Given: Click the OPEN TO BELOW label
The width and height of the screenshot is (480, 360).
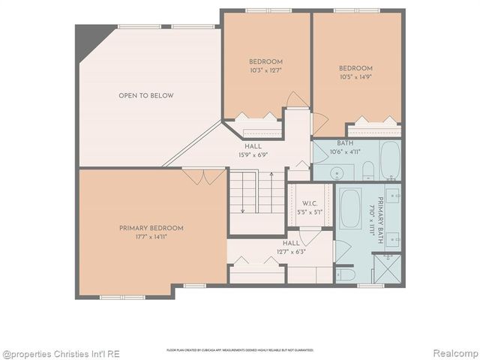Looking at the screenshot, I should [x=146, y=95].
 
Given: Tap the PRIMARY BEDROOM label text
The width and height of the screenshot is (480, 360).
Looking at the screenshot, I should [x=151, y=228].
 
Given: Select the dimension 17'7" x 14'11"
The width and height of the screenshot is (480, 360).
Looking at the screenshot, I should [x=151, y=236].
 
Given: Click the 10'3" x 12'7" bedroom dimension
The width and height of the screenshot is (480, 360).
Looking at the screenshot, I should [x=265, y=70].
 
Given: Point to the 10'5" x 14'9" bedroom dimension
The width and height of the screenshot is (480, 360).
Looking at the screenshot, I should [x=355, y=76].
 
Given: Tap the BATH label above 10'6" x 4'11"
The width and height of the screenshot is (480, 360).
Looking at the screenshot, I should [x=345, y=142].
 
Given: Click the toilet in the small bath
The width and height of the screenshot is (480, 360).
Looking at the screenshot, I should [x=367, y=172].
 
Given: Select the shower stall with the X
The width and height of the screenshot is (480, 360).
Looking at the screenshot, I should [x=387, y=268].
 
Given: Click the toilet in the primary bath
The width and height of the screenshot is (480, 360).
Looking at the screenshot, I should [x=346, y=274].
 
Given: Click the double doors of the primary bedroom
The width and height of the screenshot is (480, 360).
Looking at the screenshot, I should [x=203, y=177].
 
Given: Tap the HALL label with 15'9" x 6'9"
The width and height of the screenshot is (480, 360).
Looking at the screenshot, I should [x=253, y=151].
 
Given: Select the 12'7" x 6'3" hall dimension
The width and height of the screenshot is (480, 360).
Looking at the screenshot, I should [x=291, y=251].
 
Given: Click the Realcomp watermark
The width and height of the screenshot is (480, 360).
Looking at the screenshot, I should [x=454, y=352].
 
